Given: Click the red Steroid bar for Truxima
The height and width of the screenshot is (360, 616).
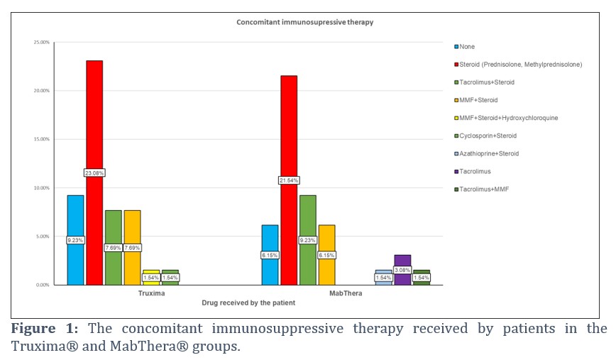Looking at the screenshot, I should tap(94, 128).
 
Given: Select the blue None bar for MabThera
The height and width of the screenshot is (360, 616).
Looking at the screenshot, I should tap(270, 241).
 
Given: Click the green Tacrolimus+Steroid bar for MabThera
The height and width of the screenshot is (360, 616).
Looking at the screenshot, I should tap(307, 213).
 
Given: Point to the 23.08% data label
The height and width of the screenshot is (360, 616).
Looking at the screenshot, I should tap(94, 173).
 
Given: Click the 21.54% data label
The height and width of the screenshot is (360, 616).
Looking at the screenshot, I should tap(288, 180).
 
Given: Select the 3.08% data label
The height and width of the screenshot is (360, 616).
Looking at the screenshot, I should tap(402, 270).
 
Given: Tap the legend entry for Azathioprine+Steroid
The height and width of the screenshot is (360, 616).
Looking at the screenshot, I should tap(489, 153).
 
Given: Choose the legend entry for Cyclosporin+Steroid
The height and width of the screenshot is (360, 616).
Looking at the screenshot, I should tap(488, 136).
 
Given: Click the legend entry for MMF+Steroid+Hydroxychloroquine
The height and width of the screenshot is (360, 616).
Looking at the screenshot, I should tap(507, 118).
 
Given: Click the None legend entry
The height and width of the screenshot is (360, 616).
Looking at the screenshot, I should tap(466, 47).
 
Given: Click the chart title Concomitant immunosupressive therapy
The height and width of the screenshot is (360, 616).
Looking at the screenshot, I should tap(304, 22).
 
